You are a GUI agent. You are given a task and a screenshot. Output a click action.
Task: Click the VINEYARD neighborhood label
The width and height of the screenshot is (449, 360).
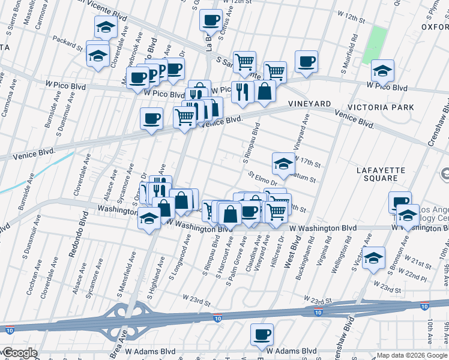310,104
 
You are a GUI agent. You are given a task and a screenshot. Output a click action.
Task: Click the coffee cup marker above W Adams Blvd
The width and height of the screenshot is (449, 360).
262,335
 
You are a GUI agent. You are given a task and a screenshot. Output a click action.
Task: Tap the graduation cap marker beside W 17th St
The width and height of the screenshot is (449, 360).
283,161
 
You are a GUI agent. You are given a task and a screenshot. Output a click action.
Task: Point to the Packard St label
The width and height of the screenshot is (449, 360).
67,44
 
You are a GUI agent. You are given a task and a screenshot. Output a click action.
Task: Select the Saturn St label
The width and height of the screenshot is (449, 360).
303,178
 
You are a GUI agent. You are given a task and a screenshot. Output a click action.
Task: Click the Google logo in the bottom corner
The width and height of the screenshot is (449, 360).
19,353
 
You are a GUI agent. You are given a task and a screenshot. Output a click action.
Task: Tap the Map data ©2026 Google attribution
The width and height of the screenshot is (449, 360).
412,355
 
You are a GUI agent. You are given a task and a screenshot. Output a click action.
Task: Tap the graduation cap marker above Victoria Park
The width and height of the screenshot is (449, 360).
382,71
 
